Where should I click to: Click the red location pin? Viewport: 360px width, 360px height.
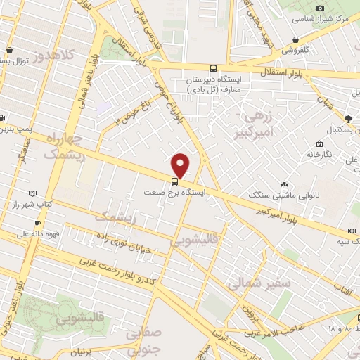tap(181, 166)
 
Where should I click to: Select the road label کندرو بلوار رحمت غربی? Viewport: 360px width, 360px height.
tap(115, 266)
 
